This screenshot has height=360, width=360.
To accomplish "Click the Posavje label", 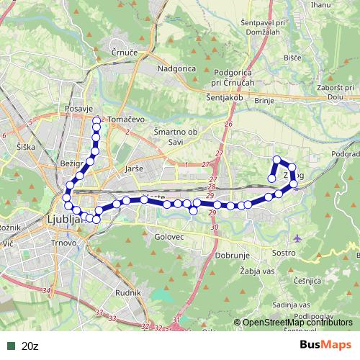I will (x=76, y=107).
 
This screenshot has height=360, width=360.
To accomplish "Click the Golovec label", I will (x=171, y=235).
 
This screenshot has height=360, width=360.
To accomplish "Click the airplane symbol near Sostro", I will (x=298, y=238).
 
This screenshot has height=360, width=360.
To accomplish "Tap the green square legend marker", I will (x=9, y=346).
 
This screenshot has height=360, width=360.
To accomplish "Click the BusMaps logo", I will (x=326, y=345).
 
